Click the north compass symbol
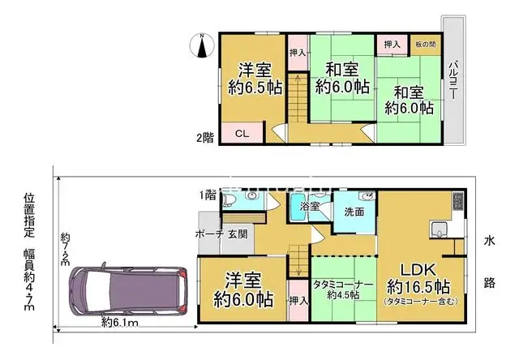pos(202,45)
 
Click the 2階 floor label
pos(205,136)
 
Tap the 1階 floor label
pos(208,195)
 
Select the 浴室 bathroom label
pos(310,208)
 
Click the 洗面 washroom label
pos(354,212)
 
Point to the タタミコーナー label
pos(342,284)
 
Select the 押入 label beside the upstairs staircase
pos(297,52)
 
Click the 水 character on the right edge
pos(490,241)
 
